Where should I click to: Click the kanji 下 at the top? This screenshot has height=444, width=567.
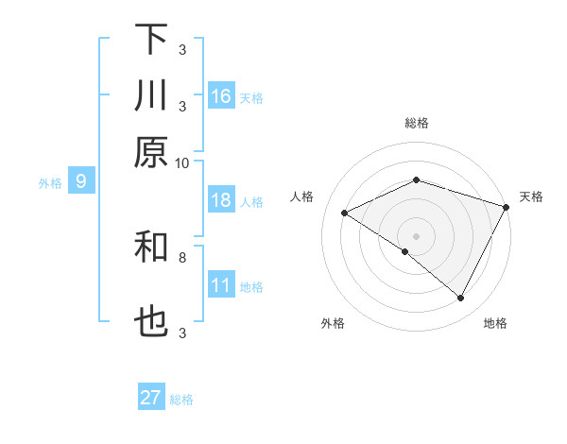tap(151, 40)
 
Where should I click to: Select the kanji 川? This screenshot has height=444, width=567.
tap(151, 96)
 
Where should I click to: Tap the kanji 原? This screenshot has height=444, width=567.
tap(151, 151)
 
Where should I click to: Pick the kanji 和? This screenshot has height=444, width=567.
tap(151, 248)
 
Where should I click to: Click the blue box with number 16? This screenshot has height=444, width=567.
tap(221, 96)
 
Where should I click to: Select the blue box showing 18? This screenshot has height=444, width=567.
tap(221, 200)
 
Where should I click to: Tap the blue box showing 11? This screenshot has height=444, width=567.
tap(221, 285)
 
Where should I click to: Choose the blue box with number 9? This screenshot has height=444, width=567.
tap(81, 182)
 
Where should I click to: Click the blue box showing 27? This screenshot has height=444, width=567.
tap(151, 398)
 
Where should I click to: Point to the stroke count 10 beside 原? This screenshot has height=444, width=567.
tap(182, 162)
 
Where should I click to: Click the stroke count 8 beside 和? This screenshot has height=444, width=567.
tap(182, 256)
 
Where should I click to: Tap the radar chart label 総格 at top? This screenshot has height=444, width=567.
tap(417, 123)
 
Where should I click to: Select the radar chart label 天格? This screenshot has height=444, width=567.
tap(531, 196)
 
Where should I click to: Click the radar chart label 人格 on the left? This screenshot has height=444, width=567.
tap(302, 196)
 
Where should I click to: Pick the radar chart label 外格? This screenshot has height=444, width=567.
tap(333, 323)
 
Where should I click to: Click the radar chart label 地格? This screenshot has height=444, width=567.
tap(495, 323)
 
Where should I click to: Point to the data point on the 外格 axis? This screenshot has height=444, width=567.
tap(405, 251)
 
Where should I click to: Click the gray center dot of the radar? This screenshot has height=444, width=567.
tap(417, 235)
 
